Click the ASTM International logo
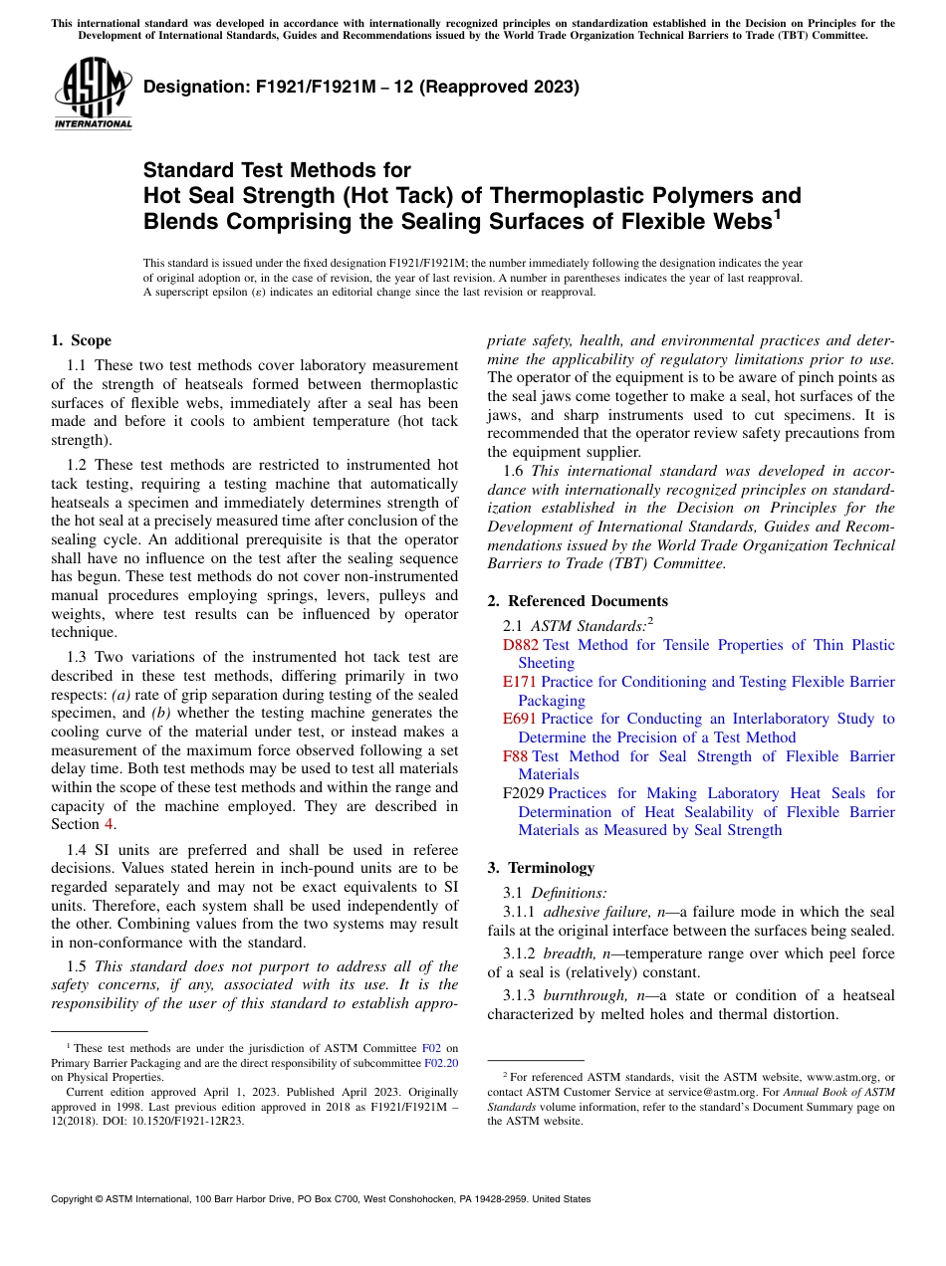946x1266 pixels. pos(93,96)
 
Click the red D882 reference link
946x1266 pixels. pos(522,645)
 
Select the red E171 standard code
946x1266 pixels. pos(520,682)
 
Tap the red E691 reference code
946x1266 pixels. pos(520,719)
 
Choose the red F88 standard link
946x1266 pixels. pos(516,756)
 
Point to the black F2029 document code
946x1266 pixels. pos(524,793)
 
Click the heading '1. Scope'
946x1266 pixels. pos(81,340)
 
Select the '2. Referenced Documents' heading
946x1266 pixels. pos(578,601)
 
